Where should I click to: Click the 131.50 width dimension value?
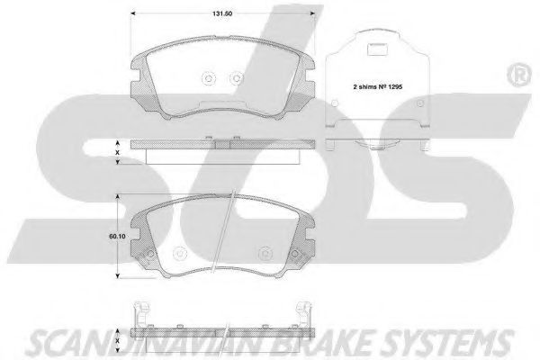[222, 13]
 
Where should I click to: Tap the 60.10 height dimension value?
[117, 237]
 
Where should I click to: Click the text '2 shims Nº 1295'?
[377, 86]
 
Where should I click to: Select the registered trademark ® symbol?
[519, 75]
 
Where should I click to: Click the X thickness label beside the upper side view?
[117, 152]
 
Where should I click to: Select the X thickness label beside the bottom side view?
[117, 340]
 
